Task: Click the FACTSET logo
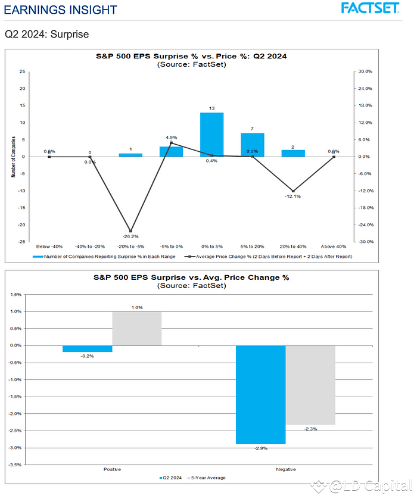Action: click(x=370, y=8)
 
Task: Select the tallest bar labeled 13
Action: click(x=211, y=134)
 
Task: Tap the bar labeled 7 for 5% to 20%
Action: click(x=252, y=144)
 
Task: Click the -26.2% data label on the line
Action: click(x=130, y=236)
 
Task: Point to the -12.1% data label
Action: click(x=292, y=197)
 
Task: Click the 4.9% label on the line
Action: click(x=172, y=138)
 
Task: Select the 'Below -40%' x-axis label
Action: click(x=49, y=245)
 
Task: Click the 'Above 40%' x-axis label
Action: click(x=333, y=245)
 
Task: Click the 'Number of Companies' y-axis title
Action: click(x=13, y=157)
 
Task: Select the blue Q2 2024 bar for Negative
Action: click(x=260, y=394)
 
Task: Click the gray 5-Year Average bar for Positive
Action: click(x=136, y=329)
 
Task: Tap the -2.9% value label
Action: click(x=260, y=450)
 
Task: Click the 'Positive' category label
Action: click(x=112, y=470)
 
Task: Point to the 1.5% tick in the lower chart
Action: click(x=16, y=294)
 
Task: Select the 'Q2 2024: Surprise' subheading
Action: click(x=46, y=35)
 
